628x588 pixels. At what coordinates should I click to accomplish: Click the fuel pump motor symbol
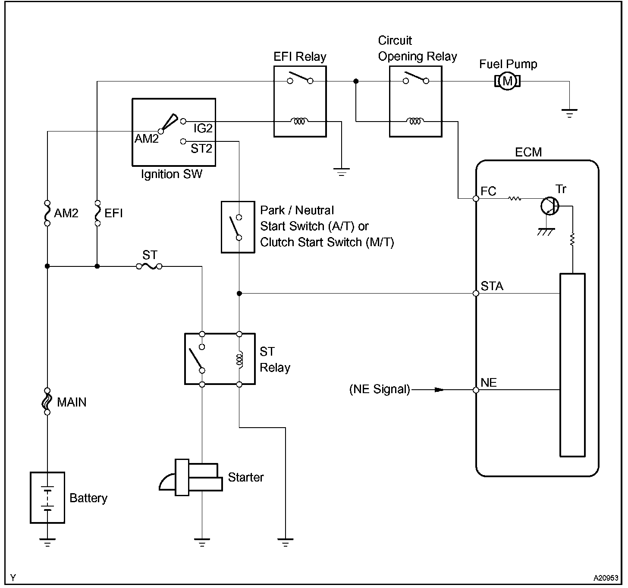507,81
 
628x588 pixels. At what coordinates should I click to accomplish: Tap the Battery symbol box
47,497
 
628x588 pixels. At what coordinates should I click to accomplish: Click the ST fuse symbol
149,266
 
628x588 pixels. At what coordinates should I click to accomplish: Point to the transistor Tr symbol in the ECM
550,206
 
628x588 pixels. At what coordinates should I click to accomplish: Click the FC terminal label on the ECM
488,191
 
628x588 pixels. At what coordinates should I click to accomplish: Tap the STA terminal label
492,286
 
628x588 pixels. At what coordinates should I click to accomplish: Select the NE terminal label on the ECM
489,382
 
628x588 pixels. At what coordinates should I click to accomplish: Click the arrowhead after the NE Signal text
439,390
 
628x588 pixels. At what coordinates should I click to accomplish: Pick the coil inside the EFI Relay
300,122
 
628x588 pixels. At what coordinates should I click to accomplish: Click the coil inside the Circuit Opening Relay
415,122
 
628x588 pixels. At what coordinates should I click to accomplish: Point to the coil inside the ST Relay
239,359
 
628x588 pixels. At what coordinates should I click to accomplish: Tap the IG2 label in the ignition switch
203,128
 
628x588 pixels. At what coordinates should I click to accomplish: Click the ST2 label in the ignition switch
201,149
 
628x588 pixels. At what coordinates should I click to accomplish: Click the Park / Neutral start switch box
238,226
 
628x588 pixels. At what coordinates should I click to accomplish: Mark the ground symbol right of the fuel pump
569,114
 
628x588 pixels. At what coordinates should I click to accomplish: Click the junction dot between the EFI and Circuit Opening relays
356,81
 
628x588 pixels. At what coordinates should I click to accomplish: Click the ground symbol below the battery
47,542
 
